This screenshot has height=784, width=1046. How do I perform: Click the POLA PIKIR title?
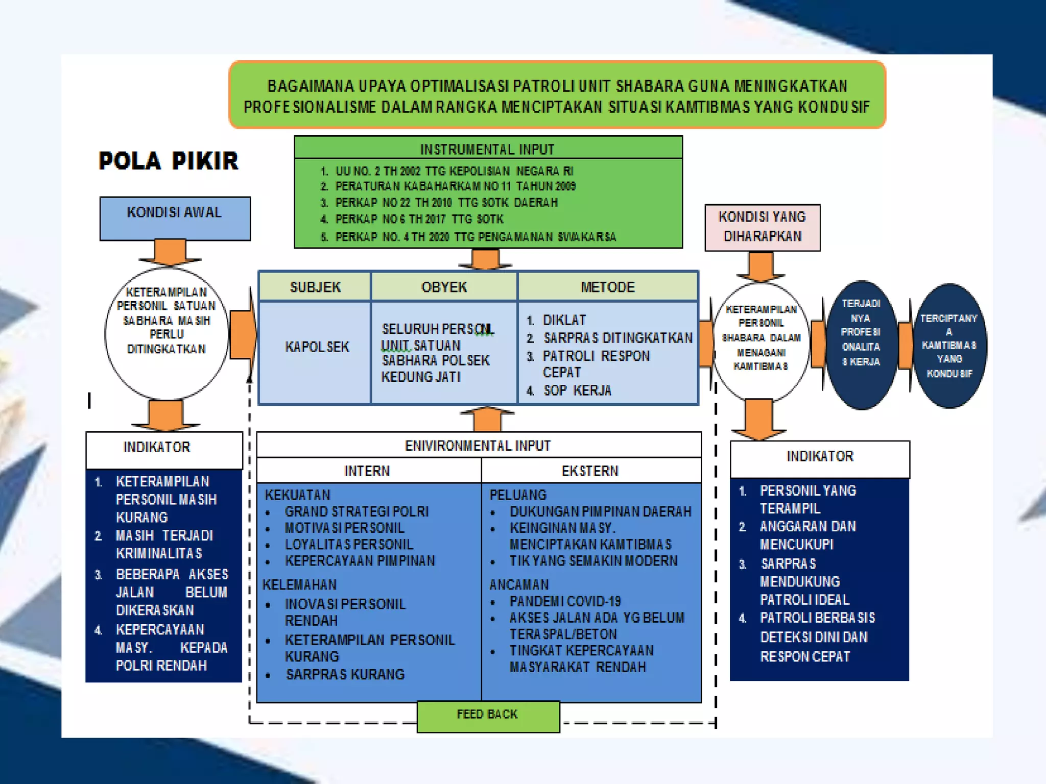pos(168,161)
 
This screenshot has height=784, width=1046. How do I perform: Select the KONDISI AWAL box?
pos(175,218)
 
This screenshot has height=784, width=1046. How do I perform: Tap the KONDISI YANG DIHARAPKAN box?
pos(762,227)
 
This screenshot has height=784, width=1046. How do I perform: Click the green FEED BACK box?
pos(488,716)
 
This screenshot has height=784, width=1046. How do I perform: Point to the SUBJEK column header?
pos(315,286)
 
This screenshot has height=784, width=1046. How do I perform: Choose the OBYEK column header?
pos(444,286)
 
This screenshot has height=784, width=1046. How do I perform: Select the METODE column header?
pos(607,286)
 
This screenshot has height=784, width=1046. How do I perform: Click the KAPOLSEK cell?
pos(317,347)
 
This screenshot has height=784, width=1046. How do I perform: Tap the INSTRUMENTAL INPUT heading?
pos(487,149)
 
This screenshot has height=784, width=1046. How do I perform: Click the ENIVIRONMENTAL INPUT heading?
pos(478,446)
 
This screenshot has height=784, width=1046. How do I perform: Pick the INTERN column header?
pos(367,471)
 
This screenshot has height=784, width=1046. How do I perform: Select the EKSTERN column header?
pos(590,471)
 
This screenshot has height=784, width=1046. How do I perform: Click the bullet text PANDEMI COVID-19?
pos(565,601)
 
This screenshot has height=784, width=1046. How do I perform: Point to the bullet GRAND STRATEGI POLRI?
pos(356,511)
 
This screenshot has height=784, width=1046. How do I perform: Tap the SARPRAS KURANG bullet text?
pos(345,675)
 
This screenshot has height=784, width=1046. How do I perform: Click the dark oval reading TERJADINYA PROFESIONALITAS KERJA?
pos(861,345)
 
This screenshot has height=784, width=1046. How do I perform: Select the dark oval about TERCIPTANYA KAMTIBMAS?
pos(949,346)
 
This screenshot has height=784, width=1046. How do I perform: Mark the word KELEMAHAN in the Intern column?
pos(300,584)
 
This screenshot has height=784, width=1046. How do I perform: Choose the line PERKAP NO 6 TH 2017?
pos(419,219)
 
